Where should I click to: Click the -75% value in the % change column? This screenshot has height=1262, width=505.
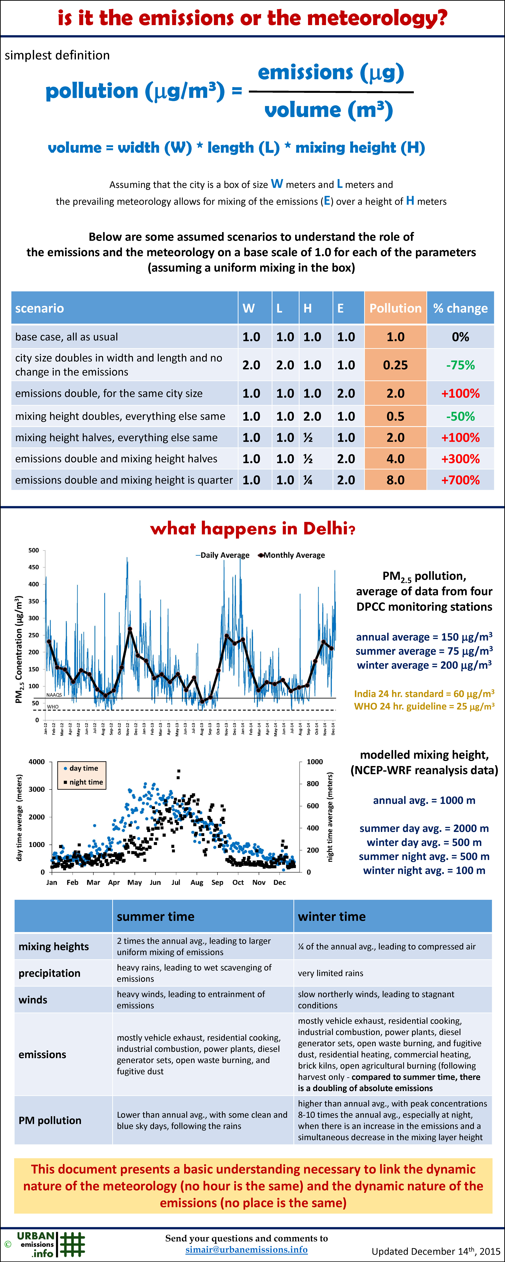click(x=460, y=365)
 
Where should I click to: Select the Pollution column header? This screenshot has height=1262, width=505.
click(x=395, y=308)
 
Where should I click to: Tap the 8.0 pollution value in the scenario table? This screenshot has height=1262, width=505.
click(x=395, y=480)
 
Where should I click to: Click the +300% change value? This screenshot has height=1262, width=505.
click(x=460, y=459)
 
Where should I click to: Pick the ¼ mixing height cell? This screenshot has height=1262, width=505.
click(x=308, y=480)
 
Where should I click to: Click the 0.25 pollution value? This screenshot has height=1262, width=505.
click(x=395, y=365)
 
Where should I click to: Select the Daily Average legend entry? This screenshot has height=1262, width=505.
click(x=223, y=555)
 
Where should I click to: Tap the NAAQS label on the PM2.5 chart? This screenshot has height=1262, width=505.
click(x=54, y=695)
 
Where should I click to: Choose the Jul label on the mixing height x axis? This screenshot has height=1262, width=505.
click(x=175, y=882)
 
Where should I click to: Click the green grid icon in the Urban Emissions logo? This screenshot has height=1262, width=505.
click(x=72, y=1244)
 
